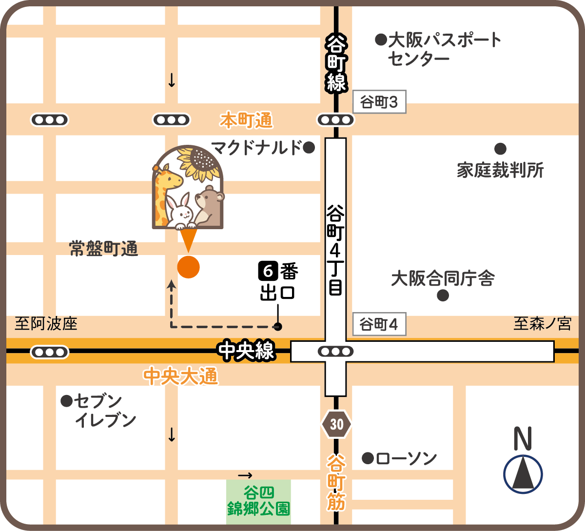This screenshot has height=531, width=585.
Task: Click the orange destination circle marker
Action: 188,267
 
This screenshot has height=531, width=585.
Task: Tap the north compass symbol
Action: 523,473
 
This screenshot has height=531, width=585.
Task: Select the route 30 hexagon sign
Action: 336,424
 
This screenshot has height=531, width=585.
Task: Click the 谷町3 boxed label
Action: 379,103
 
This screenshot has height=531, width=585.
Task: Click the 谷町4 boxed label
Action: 379,324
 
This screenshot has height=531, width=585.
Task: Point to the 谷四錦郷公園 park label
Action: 258,502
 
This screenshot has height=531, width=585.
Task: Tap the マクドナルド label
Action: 257,147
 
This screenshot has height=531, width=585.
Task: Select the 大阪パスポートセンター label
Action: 439,49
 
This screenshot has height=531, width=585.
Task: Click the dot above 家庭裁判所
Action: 500,149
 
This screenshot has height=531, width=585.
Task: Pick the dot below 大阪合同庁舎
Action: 443,295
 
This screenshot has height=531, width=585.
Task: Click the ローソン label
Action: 406,458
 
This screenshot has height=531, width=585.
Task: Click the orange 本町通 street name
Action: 246,120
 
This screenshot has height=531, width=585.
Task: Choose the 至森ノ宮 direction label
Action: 542,324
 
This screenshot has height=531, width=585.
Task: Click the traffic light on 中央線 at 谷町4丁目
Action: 335,351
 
